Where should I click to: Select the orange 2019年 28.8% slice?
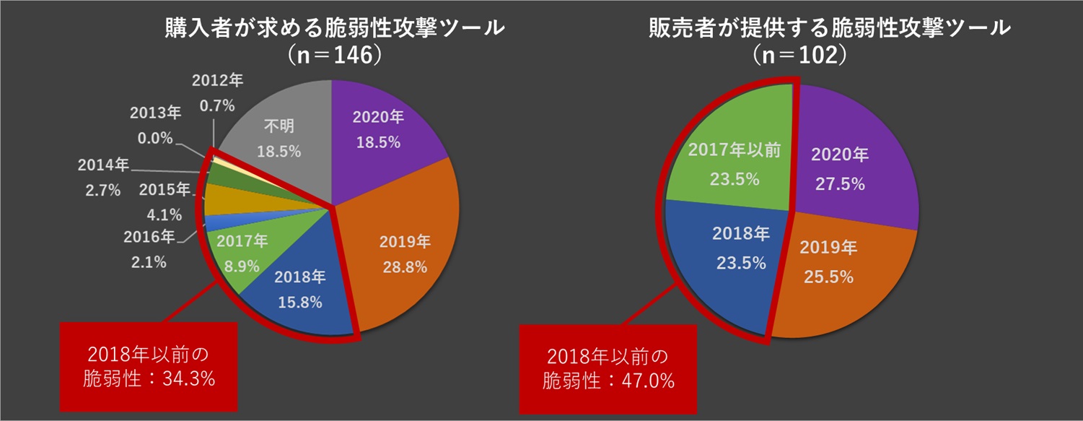404,253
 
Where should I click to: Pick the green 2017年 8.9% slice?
242,253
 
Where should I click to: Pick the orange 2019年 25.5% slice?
830,264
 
